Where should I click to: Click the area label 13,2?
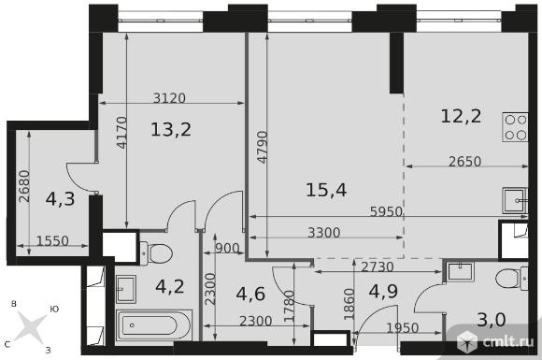[x=171, y=130]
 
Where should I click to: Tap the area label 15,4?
[x=326, y=190]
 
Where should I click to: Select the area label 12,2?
[x=461, y=116]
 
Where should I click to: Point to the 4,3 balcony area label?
[x=60, y=199]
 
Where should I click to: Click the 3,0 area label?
[x=492, y=320]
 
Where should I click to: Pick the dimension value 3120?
[x=169, y=98]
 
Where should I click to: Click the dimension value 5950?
[x=386, y=211]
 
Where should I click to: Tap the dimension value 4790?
[x=263, y=147]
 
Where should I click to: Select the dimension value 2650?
[x=465, y=162]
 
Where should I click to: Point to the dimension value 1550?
[x=52, y=240]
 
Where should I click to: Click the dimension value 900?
[x=227, y=249]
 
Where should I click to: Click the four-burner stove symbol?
[x=515, y=127]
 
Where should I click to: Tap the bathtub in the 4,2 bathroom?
[x=154, y=325]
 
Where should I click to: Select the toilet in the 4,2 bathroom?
[x=156, y=253]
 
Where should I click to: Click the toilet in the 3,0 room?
[x=511, y=279]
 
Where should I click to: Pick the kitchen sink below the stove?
[x=515, y=201]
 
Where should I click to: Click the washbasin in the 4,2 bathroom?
[x=126, y=289]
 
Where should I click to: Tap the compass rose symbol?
[x=31, y=326]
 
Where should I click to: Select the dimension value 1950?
[x=403, y=328]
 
